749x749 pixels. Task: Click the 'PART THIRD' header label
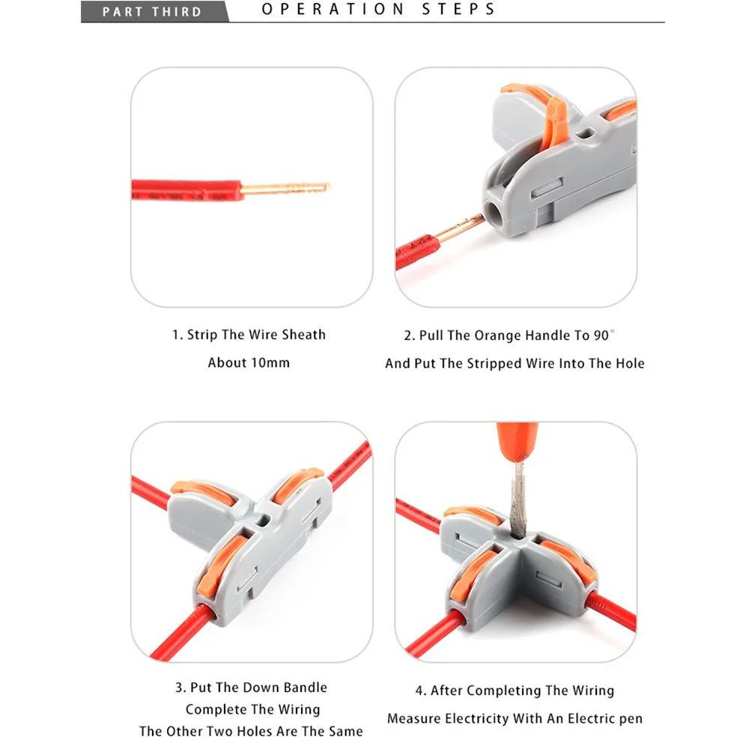(x=152, y=11)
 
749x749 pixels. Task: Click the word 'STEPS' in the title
(x=458, y=9)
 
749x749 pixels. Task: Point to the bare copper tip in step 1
(x=285, y=188)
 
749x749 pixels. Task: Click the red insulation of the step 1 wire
(x=187, y=189)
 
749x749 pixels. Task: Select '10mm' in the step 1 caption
(x=270, y=363)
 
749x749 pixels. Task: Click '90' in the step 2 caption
(x=601, y=336)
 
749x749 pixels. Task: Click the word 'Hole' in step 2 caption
(x=630, y=363)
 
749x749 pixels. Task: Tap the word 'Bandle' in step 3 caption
(x=306, y=688)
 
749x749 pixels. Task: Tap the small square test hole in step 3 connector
(x=262, y=520)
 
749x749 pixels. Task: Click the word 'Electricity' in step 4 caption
(x=474, y=719)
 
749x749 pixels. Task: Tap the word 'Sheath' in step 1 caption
(x=304, y=334)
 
